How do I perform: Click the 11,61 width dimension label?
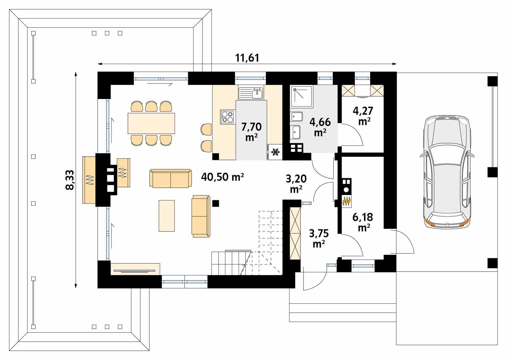pyautogui.click(x=247, y=58)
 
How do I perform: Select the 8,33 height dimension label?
pyautogui.click(x=70, y=180)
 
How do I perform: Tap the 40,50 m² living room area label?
pyautogui.click(x=223, y=177)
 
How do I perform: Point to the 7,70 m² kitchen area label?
pyautogui.click(x=251, y=131)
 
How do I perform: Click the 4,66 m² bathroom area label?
pyautogui.click(x=320, y=127)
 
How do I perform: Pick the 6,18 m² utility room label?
pyautogui.click(x=363, y=222)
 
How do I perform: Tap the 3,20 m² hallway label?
pyautogui.click(x=296, y=184)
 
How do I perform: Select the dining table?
pyautogui.click(x=151, y=123)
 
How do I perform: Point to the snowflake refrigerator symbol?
pyautogui.click(x=275, y=153)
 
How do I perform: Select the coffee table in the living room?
pyautogui.click(x=167, y=215)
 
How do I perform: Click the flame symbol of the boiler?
pyautogui.click(x=346, y=201)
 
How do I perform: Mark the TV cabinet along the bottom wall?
pyautogui.click(x=135, y=269)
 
